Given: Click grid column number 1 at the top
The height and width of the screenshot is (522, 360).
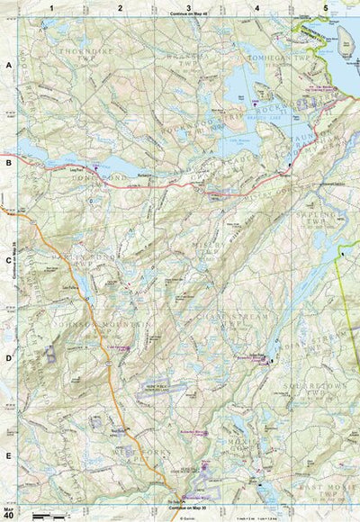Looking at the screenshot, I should (52, 7).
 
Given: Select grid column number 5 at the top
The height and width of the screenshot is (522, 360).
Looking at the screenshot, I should (325, 7).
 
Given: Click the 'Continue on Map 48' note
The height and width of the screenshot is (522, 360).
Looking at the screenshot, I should (187, 16).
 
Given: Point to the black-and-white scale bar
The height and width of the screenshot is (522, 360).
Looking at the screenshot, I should (50, 516).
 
